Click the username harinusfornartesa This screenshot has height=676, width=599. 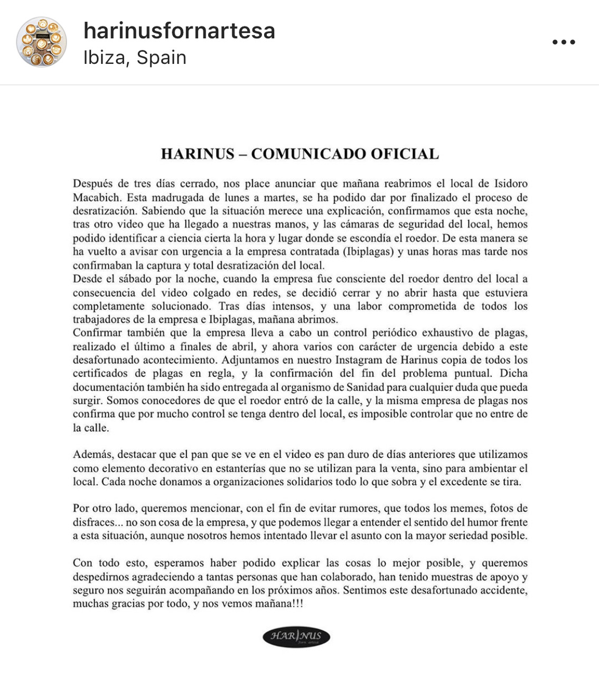(179, 31)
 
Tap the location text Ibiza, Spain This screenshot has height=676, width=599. (135, 58)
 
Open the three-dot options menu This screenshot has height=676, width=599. (564, 42)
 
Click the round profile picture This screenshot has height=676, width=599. (41, 42)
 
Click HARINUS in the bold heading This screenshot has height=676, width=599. (197, 154)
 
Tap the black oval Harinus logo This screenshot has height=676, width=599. (296, 636)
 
